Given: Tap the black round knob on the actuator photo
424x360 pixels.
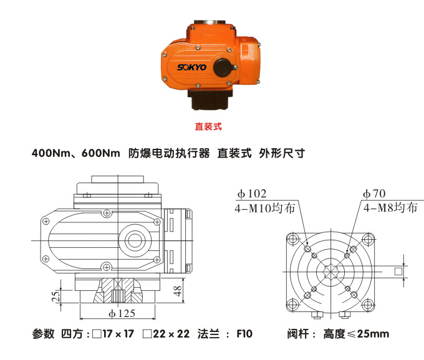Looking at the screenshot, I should tap(223, 67).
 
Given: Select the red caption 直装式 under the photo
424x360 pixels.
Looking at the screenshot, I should tap(208, 126).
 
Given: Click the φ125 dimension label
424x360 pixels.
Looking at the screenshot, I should tap(122, 313).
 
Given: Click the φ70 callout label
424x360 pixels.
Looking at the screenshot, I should tap(375, 194).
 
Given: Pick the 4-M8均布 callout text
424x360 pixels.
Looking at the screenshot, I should tap(390, 208).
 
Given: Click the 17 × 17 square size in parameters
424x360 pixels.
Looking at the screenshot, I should tap(118, 334).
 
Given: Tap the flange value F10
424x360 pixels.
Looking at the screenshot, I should tap(244, 334).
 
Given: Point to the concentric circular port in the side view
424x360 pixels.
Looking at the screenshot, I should tap(134, 240).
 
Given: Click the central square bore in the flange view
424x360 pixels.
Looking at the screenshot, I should tap(330, 271).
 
